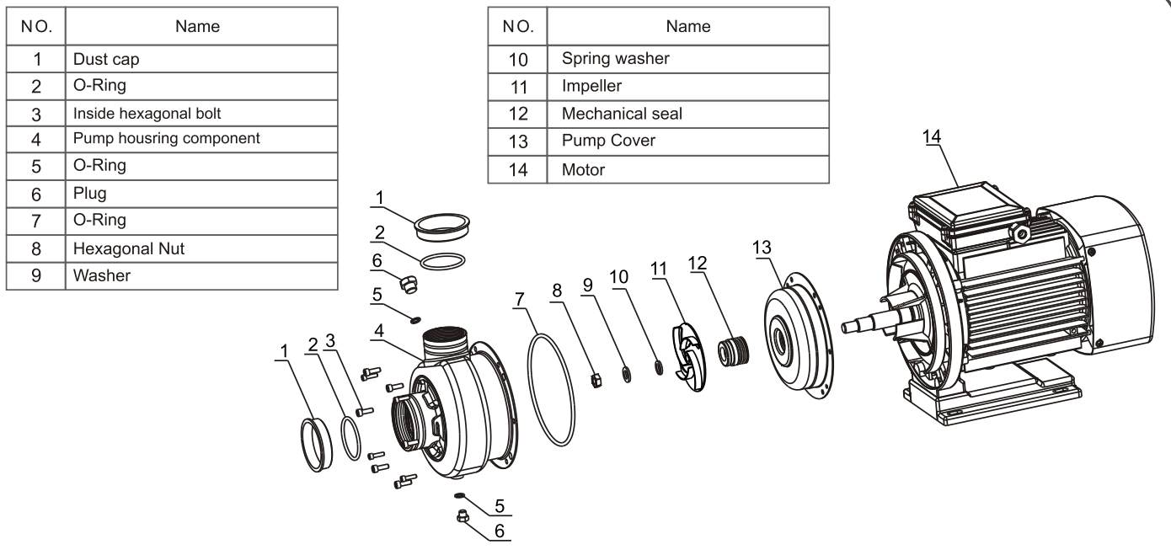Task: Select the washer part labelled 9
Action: click(626, 373)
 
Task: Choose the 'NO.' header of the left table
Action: click(36, 26)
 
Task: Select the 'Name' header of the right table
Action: click(687, 26)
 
